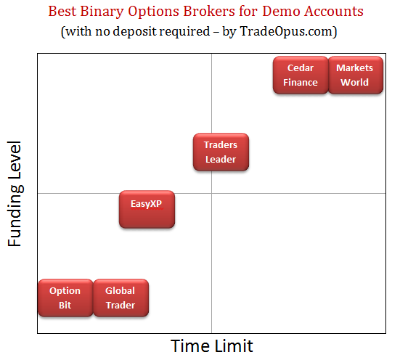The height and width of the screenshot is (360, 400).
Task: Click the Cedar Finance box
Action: (301, 75)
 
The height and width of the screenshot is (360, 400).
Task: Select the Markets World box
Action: (356, 75)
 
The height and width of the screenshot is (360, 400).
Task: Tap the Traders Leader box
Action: (221, 152)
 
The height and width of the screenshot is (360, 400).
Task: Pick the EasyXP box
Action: (147, 209)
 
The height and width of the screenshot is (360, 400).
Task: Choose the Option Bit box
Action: (65, 298)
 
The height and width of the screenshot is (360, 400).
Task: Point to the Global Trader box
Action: (121, 298)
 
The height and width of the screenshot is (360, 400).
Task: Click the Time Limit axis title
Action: (212, 346)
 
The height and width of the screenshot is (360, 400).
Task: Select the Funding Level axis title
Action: (15, 194)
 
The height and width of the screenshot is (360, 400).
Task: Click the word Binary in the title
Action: (102, 12)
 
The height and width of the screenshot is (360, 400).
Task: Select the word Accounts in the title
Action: (333, 11)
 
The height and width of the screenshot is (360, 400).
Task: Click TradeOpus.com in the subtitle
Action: (287, 32)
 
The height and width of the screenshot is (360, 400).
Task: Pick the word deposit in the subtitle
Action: (135, 32)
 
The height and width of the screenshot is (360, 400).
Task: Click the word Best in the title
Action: (62, 11)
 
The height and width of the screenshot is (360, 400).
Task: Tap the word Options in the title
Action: (153, 12)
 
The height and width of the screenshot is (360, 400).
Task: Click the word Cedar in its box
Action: (301, 68)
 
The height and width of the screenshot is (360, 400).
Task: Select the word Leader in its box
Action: (221, 160)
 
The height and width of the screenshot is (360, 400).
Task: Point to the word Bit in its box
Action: (65, 305)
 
